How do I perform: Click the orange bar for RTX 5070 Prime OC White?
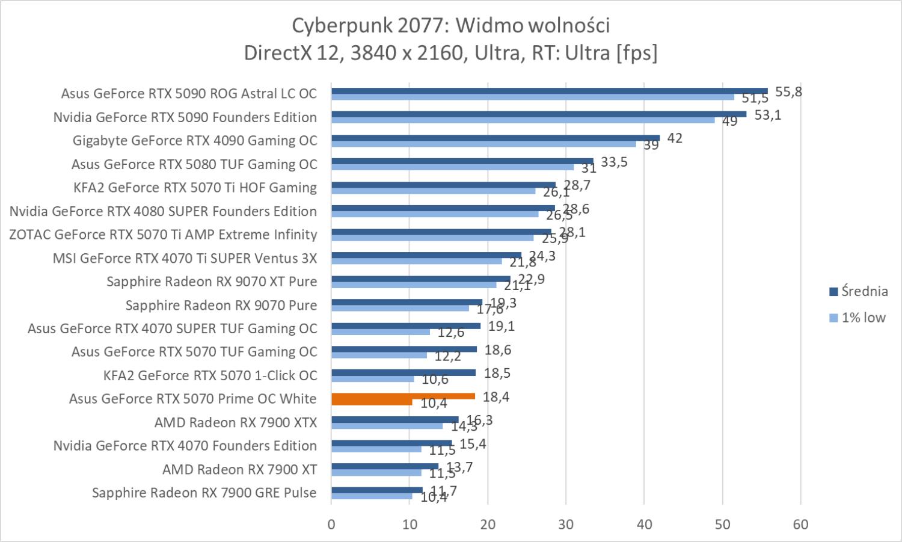[x=403, y=396]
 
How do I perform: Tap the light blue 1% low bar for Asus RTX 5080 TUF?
[x=452, y=167]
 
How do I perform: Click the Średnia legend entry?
[x=858, y=292]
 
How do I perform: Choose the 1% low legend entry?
[x=858, y=318]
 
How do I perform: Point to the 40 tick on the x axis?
[x=644, y=525]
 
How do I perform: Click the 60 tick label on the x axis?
[x=800, y=525]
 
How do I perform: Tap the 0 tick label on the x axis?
[x=331, y=525]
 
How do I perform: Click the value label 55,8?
[x=788, y=92]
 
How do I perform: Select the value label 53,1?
[x=767, y=115]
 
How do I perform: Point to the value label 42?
[x=675, y=138]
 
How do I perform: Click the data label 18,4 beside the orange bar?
[x=496, y=397]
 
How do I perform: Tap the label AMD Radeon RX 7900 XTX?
[x=235, y=422]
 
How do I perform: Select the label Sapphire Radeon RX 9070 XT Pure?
[x=212, y=282]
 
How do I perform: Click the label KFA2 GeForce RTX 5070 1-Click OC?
[x=210, y=375]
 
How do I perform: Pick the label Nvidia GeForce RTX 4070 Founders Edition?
[x=185, y=446]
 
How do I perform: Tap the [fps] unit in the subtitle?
[x=636, y=53]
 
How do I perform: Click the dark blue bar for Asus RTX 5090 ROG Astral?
[x=549, y=91]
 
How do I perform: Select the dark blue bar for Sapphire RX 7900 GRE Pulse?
[x=376, y=490]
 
